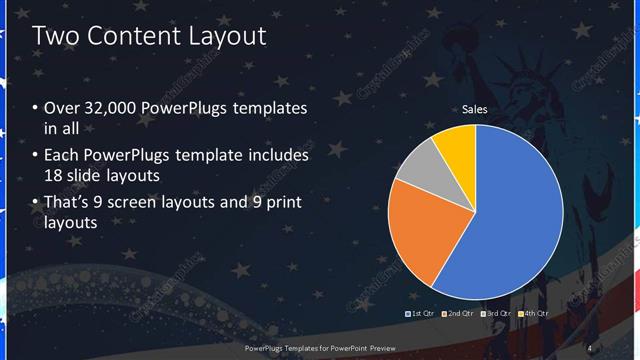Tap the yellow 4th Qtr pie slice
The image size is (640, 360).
(456, 142)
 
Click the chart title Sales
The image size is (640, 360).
(474, 110)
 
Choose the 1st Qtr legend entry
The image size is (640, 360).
(419, 314)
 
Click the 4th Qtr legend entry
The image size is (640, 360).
(534, 314)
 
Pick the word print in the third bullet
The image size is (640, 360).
(281, 203)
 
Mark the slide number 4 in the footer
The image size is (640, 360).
(590, 347)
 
